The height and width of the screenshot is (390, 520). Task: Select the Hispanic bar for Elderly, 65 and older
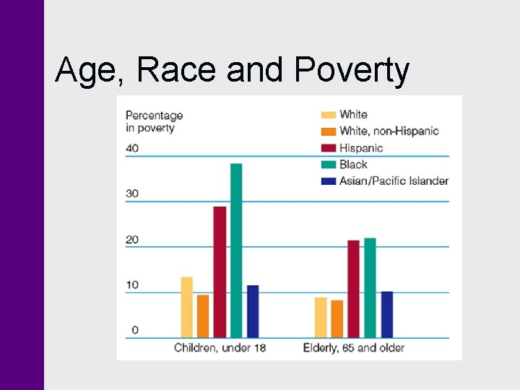click(353, 289)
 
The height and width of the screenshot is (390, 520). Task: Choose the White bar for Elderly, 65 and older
click(321, 317)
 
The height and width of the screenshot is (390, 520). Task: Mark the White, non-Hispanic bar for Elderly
click(337, 318)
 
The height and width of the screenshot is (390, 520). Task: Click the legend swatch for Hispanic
click(328, 148)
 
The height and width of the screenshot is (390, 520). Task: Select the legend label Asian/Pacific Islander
click(394, 181)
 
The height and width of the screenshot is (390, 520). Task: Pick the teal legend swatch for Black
click(328, 165)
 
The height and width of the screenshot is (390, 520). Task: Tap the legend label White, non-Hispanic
click(389, 131)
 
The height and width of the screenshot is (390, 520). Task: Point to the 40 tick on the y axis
click(132, 148)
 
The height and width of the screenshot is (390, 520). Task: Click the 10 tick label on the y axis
click(132, 285)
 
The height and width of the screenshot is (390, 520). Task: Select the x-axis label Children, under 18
click(220, 348)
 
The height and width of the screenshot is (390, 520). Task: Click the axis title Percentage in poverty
click(154, 121)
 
